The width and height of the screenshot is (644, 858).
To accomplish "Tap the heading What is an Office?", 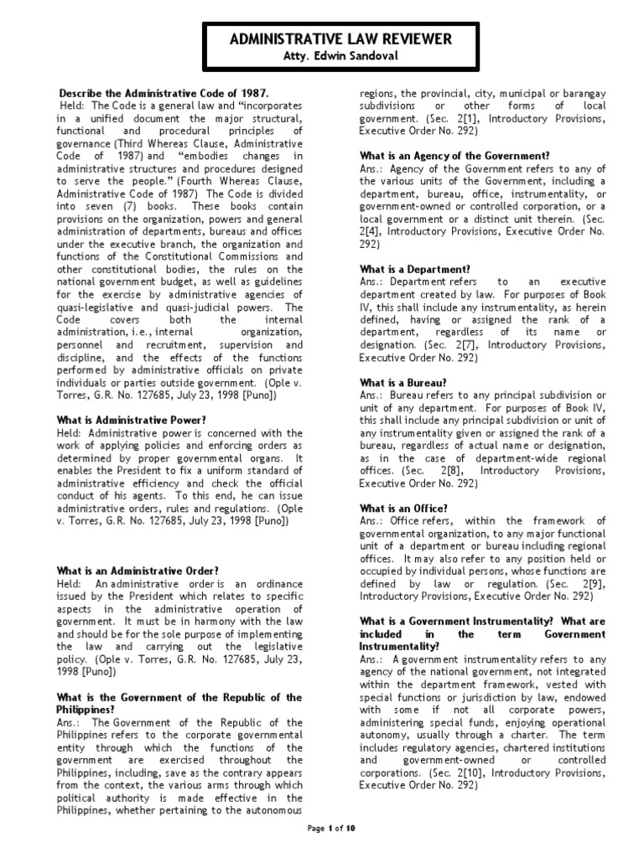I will click(397, 509).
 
